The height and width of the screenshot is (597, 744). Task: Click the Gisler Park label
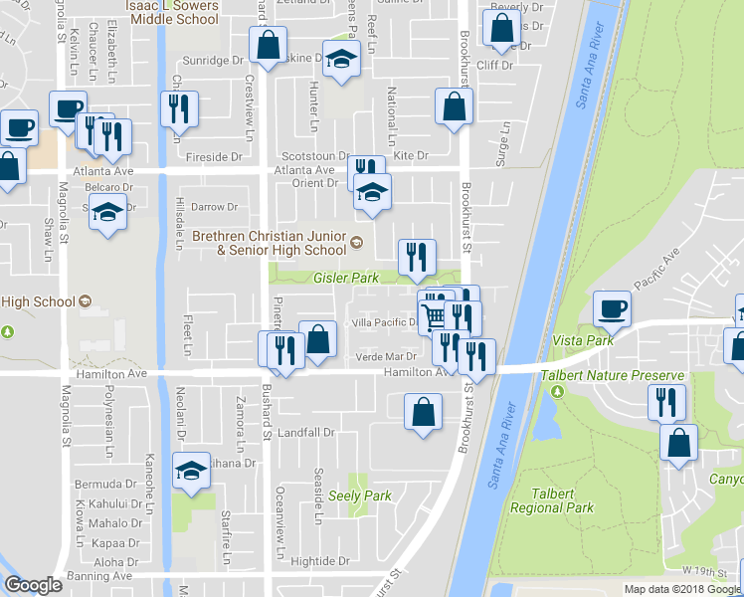coord(346,279)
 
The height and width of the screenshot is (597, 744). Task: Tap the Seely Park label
coord(360,496)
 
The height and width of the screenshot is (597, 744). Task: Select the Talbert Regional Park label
coord(552,499)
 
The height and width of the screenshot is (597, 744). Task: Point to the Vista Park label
coord(586,340)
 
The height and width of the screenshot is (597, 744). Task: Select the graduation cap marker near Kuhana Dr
coord(191,472)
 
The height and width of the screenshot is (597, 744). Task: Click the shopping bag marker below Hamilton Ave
coord(423,411)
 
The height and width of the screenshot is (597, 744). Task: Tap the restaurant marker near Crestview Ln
coord(179,108)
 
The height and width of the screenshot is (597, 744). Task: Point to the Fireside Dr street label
coord(215,157)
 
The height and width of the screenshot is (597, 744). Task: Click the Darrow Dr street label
coord(215,207)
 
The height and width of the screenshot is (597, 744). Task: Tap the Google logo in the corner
coord(33,586)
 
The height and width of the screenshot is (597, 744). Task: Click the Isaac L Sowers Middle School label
coord(173,11)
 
